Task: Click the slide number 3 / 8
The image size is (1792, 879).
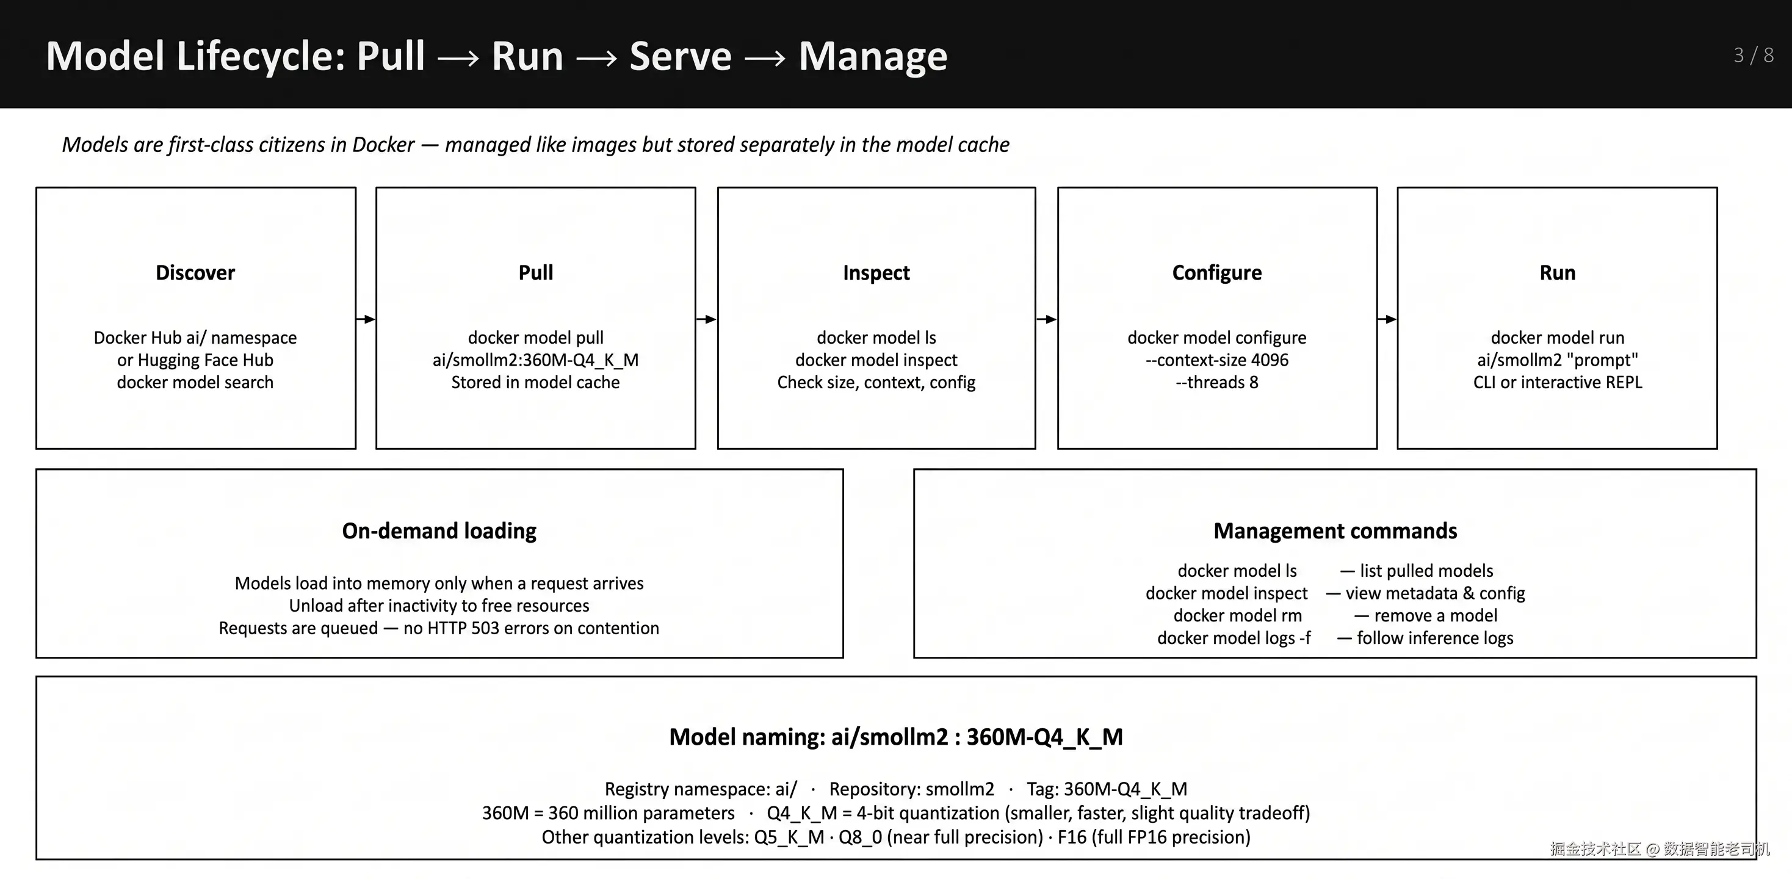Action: click(x=1753, y=55)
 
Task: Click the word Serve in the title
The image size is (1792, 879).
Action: click(x=681, y=56)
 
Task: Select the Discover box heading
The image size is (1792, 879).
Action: click(x=195, y=272)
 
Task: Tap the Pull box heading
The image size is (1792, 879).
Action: click(x=536, y=272)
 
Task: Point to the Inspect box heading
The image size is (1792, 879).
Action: click(x=876, y=273)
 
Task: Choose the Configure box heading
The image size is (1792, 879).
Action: click(x=1216, y=273)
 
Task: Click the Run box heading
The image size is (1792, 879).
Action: click(x=1558, y=272)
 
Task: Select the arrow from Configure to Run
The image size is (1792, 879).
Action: click(x=1387, y=319)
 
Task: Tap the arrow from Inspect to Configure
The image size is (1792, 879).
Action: click(x=1047, y=319)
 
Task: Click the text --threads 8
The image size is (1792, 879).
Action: click(x=1216, y=382)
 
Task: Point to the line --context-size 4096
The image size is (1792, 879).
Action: click(x=1216, y=360)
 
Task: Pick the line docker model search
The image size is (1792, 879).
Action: click(x=195, y=382)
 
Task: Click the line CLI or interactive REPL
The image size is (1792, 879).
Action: click(x=1558, y=382)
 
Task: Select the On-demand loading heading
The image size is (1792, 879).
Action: click(x=439, y=531)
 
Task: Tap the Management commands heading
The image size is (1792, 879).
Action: click(x=1335, y=531)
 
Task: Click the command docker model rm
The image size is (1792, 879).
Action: click(x=1238, y=615)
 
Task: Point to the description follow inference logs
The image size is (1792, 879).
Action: click(x=1435, y=638)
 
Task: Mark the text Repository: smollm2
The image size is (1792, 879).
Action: click(x=911, y=789)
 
